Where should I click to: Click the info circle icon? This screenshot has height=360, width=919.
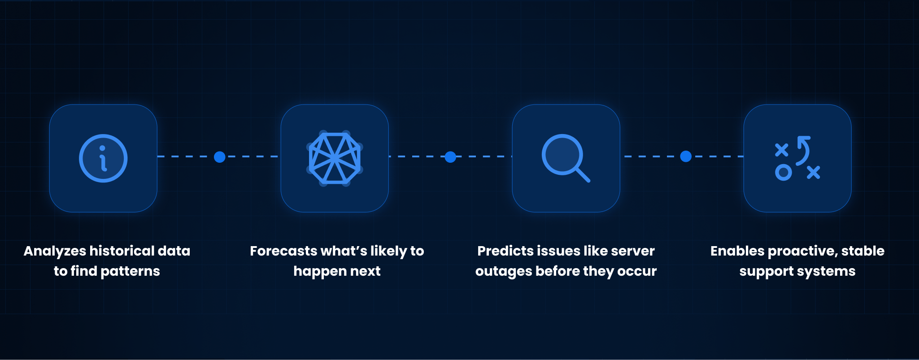(103, 158)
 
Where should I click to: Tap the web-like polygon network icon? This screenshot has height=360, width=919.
(335, 158)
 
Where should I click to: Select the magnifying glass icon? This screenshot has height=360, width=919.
(566, 158)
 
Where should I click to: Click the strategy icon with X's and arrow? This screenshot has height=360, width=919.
(797, 158)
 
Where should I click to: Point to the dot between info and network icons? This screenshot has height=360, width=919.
(220, 157)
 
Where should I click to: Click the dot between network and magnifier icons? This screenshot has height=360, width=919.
(451, 157)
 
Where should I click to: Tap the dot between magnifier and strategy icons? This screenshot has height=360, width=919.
(686, 156)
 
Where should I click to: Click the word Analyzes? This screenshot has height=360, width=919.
(55, 252)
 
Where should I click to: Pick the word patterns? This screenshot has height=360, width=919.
(130, 272)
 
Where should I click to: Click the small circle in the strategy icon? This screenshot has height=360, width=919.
(783, 173)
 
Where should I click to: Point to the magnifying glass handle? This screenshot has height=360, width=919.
(582, 175)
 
